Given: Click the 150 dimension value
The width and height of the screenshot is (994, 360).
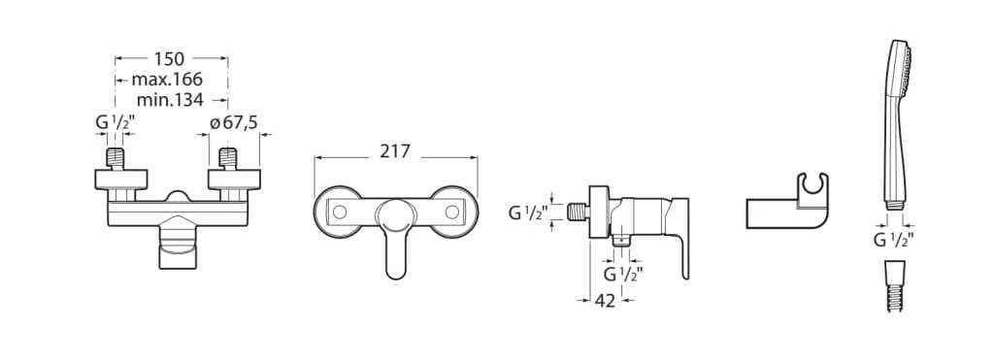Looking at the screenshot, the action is pos(169,59).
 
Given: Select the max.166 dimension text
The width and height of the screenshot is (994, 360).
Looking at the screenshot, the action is pos(167,80).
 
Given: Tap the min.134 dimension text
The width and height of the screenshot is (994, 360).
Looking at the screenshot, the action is pos(170,100).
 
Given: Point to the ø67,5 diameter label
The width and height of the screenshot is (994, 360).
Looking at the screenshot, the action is pos(234,122).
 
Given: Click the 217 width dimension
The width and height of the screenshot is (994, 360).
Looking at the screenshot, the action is pos(395,151).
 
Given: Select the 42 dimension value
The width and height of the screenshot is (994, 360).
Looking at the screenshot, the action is pos(606,301).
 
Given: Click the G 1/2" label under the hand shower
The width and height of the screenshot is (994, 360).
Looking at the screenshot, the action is pos(893,240).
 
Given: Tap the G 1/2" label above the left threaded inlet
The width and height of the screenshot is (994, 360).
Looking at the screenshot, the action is pos(115,122).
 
